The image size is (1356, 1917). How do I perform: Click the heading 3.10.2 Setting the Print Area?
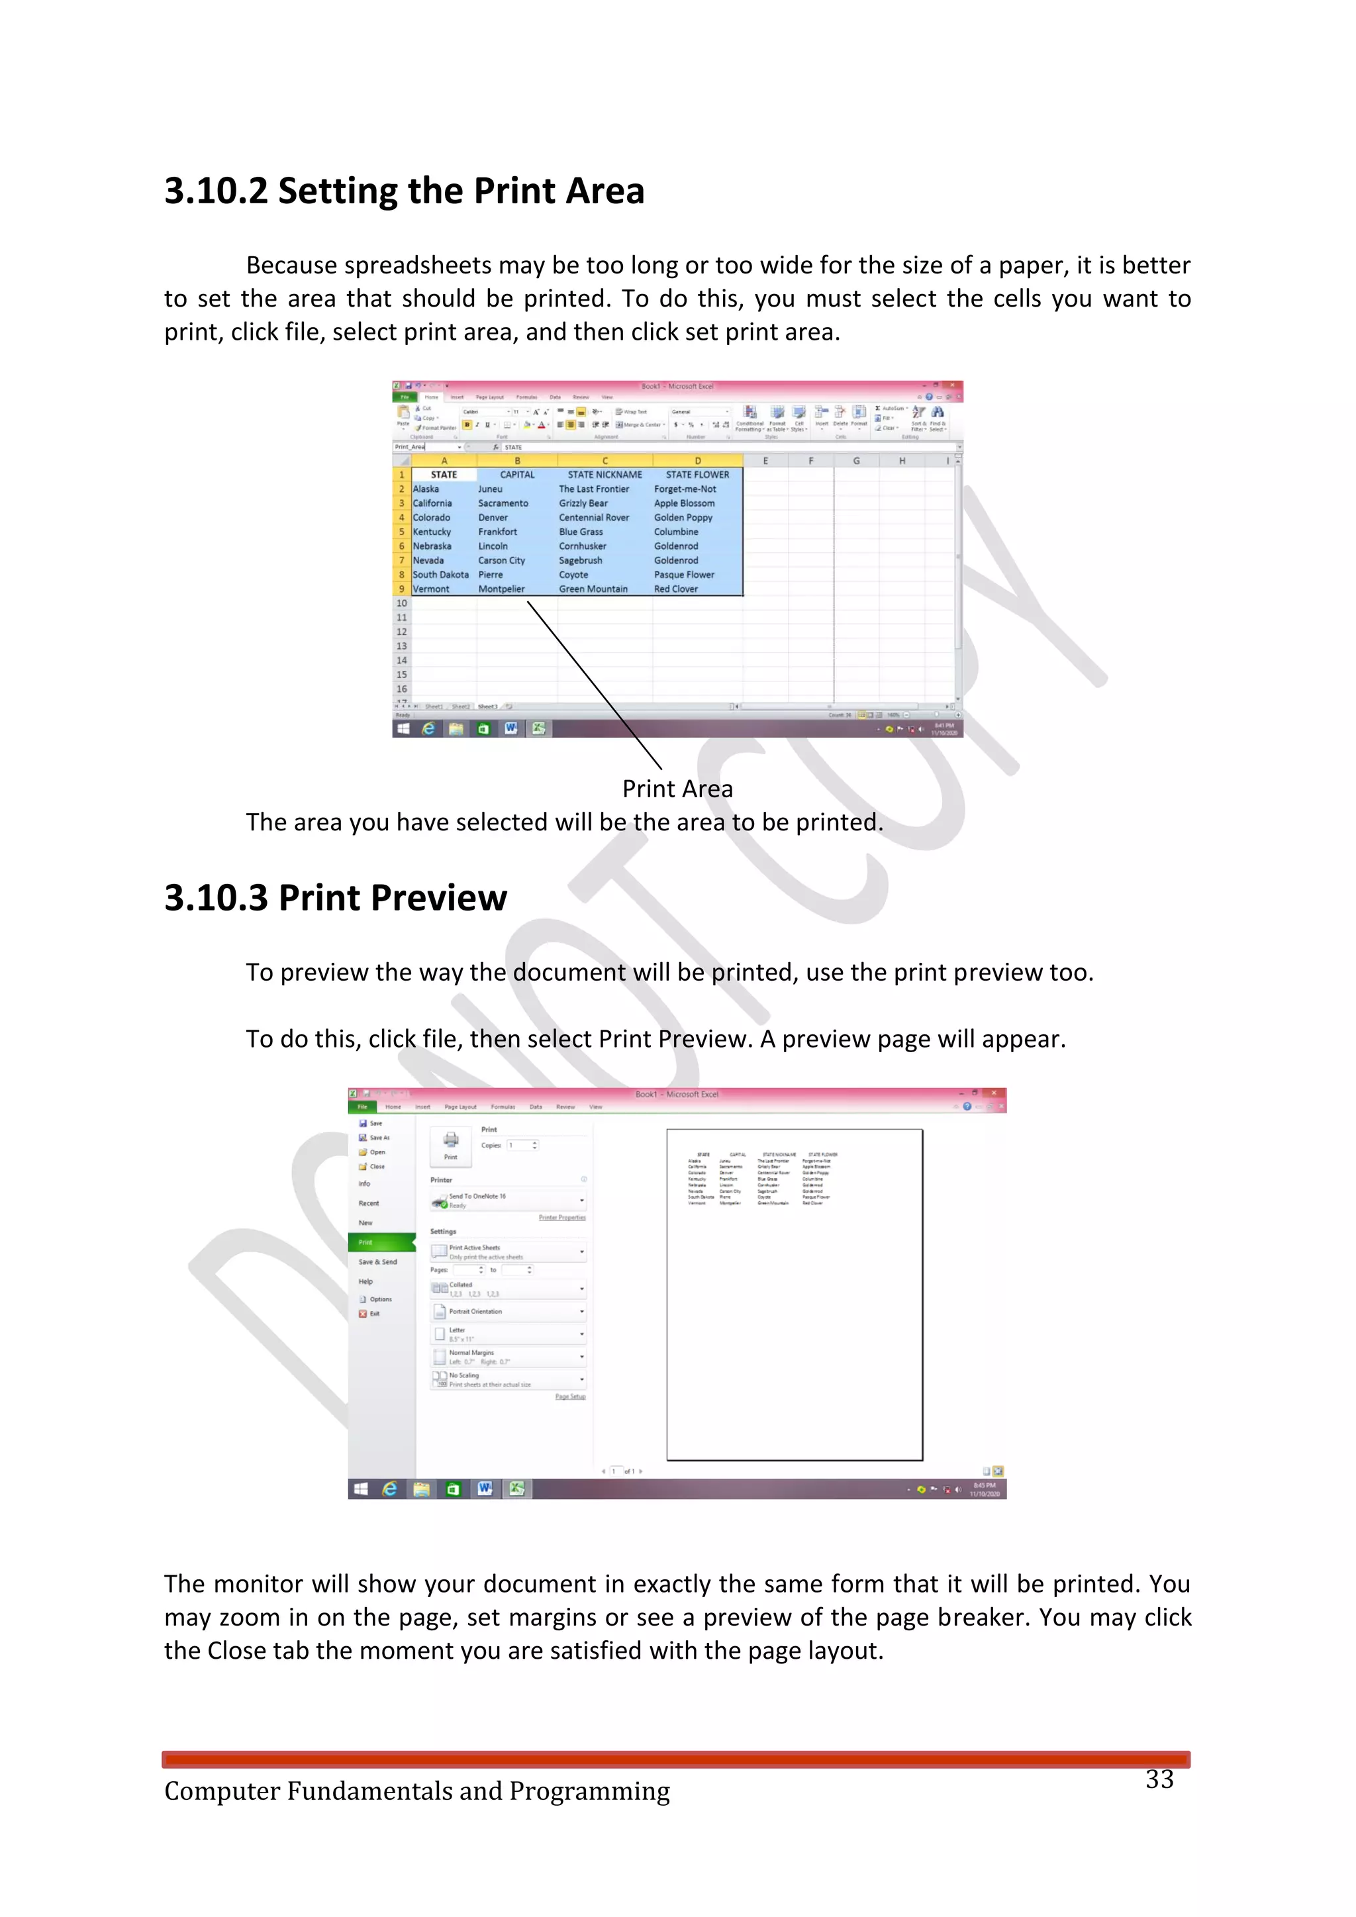(x=404, y=191)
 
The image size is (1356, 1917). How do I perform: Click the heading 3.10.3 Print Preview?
(x=335, y=899)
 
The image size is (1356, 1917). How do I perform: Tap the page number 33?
(x=1159, y=1779)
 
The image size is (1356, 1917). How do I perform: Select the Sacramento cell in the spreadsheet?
(x=503, y=503)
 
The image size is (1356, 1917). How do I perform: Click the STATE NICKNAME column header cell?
(x=605, y=474)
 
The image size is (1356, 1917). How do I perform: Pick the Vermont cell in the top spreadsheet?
(x=431, y=589)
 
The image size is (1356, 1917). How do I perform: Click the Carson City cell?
(x=501, y=561)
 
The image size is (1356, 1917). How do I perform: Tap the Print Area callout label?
(x=677, y=789)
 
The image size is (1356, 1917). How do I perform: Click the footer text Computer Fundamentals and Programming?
(x=416, y=1791)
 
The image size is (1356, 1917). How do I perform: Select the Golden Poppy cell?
(x=683, y=518)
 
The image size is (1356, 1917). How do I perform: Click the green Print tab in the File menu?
(x=367, y=1242)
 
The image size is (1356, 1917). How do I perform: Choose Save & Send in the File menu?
(x=377, y=1261)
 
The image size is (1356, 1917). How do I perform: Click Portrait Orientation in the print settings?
(x=476, y=1312)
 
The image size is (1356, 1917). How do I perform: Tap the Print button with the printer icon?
(x=451, y=1146)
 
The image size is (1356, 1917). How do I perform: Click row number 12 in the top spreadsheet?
(x=402, y=632)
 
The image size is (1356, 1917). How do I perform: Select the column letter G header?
(x=856, y=461)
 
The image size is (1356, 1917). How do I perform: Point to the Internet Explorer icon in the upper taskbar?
(x=428, y=729)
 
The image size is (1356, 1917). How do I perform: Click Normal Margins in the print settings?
(x=472, y=1353)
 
